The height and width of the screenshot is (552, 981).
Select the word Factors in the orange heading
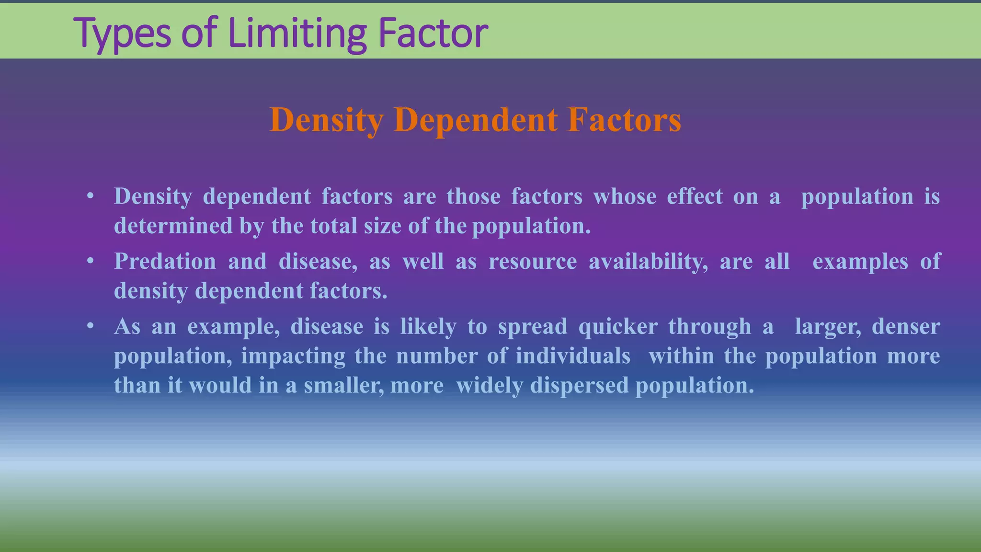pos(624,119)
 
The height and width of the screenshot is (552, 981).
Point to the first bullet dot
pos(90,196)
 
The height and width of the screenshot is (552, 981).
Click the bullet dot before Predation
pos(90,262)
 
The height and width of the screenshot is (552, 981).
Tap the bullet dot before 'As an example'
pos(90,326)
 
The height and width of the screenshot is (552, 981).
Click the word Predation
pos(165,262)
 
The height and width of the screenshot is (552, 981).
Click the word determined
pos(173,226)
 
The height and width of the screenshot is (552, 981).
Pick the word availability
pos(648,262)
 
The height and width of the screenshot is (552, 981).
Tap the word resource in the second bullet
pos(533,262)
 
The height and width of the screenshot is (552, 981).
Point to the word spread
pos(532,326)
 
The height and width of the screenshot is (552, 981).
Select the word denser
pos(905,326)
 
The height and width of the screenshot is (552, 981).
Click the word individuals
pos(573,356)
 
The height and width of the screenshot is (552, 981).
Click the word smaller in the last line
pos(343,385)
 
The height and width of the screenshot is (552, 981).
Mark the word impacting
pos(293,356)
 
